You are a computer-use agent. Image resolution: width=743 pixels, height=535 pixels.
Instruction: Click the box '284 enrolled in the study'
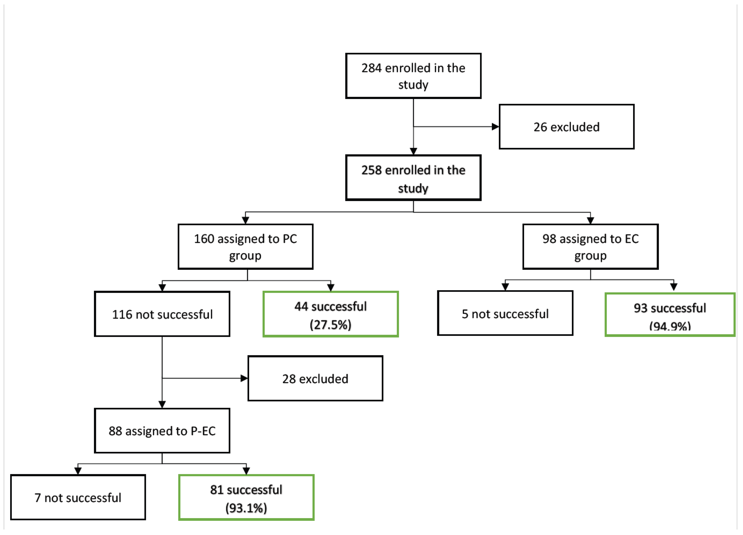(x=413, y=76)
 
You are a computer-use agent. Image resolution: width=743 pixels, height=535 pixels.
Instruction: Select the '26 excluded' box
(x=566, y=127)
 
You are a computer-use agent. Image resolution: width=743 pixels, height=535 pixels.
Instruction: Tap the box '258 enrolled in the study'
(x=413, y=178)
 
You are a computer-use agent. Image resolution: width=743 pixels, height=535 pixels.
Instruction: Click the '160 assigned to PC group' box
(x=245, y=247)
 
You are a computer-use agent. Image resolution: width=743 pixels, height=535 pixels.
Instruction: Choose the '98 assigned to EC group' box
(x=590, y=247)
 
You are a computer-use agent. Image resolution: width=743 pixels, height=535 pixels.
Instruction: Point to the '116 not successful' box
(x=162, y=314)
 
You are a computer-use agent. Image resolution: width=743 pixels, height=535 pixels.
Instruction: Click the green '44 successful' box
(x=331, y=314)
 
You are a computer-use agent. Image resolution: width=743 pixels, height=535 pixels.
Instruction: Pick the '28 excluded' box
(x=315, y=378)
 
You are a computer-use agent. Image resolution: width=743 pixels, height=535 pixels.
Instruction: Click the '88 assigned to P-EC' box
(x=162, y=431)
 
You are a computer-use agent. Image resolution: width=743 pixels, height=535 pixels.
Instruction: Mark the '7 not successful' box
(x=78, y=497)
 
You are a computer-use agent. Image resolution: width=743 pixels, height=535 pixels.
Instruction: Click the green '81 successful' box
(x=246, y=497)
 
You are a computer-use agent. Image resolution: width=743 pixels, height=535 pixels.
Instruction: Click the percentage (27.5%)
(x=330, y=325)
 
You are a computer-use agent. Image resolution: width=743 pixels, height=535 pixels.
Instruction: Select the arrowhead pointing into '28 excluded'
(x=244, y=378)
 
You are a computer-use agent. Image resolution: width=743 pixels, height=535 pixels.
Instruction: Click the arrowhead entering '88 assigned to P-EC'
(x=162, y=404)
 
